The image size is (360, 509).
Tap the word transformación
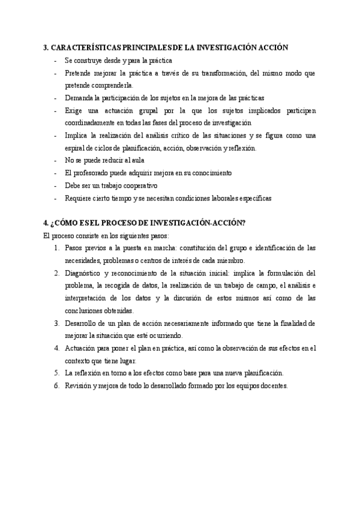(226, 73)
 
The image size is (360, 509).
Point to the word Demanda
(79, 97)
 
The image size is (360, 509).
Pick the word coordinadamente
(91, 122)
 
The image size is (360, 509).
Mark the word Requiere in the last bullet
(79, 198)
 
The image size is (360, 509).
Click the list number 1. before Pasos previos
(56, 247)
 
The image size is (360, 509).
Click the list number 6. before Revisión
(56, 386)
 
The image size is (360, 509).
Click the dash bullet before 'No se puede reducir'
(56, 160)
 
